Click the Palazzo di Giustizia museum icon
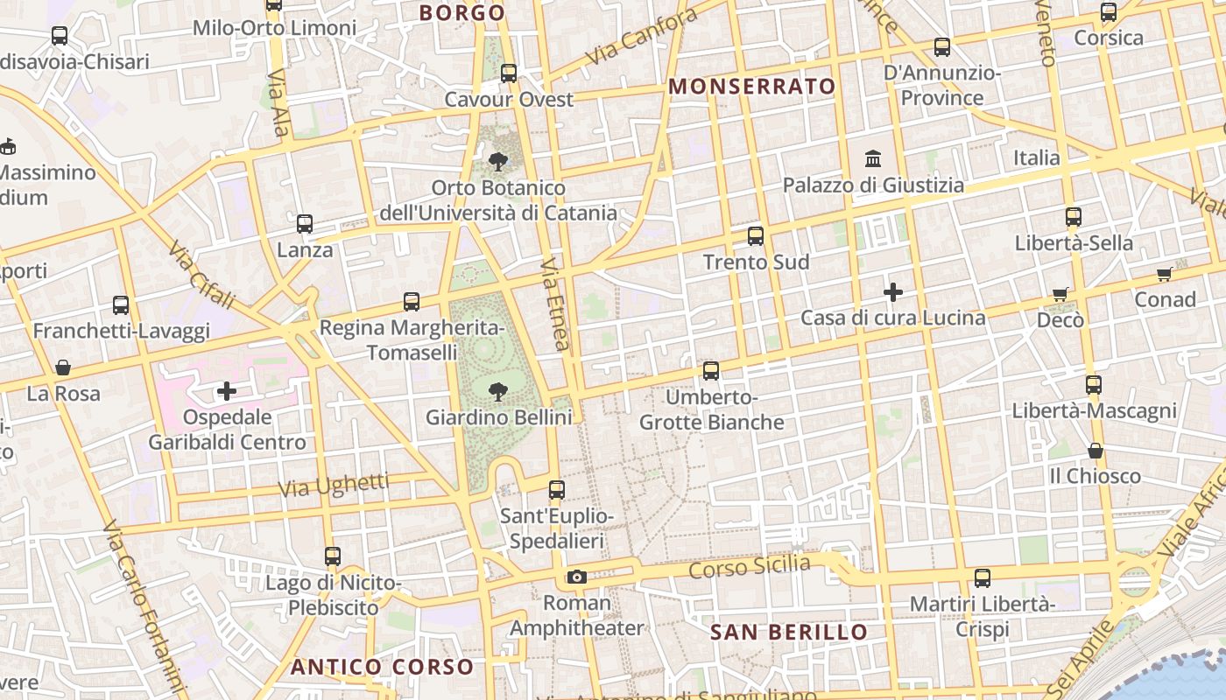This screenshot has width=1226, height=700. click(873, 159)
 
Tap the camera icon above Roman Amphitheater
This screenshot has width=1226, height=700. click(576, 577)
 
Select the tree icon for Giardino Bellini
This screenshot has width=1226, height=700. click(497, 391)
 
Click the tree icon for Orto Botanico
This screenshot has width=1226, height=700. click(497, 162)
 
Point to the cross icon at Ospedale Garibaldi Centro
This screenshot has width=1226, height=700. click(227, 390)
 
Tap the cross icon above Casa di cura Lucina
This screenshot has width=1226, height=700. click(892, 291)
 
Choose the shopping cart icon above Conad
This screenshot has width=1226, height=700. click(1165, 275)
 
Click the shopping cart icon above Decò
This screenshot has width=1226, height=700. click(1060, 295)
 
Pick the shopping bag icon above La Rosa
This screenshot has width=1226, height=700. click(63, 367)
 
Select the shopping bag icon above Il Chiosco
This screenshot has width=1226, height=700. click(1095, 451)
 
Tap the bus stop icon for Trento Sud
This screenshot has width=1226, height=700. click(755, 236)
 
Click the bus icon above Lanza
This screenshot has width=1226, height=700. click(305, 224)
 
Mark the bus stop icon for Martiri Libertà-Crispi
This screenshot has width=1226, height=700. click(983, 578)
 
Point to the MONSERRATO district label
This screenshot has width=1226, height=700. click(752, 87)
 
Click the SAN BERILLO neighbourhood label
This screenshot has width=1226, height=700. click(789, 632)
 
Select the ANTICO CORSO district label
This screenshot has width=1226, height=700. click(382, 667)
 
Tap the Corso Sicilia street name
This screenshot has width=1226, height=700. click(750, 567)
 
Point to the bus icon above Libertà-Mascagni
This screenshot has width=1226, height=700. click(1093, 385)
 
